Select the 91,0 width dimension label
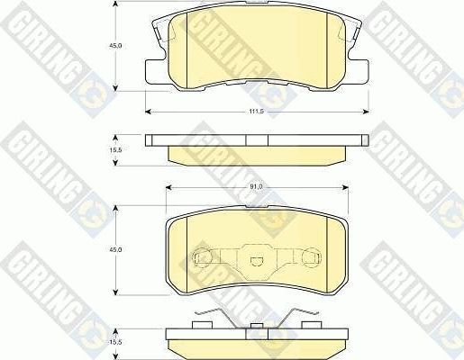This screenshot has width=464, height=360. [255, 186]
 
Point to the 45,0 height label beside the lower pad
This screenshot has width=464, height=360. [103, 249]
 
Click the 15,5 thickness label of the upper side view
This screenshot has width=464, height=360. [103, 149]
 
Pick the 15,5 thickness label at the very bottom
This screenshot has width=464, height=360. [103, 341]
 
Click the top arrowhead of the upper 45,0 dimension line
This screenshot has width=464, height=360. [118, 4]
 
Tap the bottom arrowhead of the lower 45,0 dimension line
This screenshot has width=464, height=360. [118, 293]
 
